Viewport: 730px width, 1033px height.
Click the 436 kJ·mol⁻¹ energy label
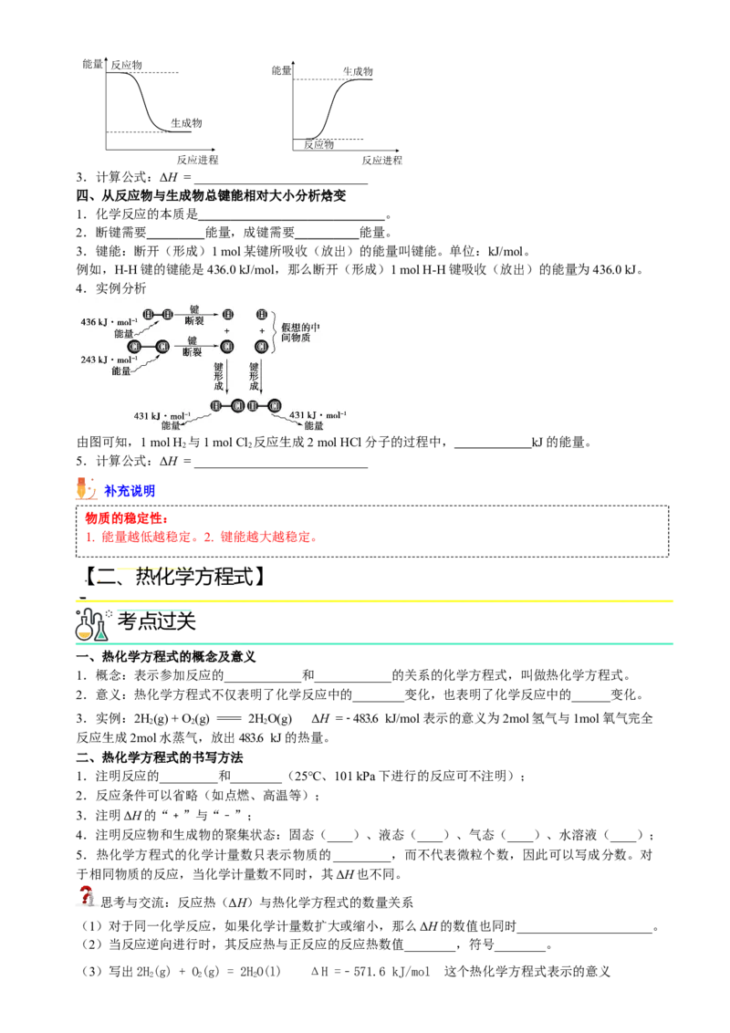tap(109, 321)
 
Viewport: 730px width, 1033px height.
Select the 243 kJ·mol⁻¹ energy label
tap(109, 359)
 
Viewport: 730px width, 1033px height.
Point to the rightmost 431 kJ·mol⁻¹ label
tap(317, 415)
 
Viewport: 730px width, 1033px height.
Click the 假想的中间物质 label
tap(300, 332)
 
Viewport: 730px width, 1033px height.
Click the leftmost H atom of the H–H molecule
tap(149, 314)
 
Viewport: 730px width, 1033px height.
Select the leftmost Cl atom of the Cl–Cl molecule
tap(134, 346)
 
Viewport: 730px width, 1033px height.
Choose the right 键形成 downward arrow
tap(261, 375)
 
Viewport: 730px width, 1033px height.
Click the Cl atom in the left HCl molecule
tap(237, 406)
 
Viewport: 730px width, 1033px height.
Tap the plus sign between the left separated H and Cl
tap(226, 330)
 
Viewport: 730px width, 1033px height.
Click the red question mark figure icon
tap(86, 897)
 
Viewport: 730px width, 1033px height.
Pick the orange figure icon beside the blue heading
tap(86, 489)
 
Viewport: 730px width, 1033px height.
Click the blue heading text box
tap(130, 492)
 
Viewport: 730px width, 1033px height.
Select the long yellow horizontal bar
tap(375, 602)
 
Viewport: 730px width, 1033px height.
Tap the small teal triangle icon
tap(101, 634)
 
